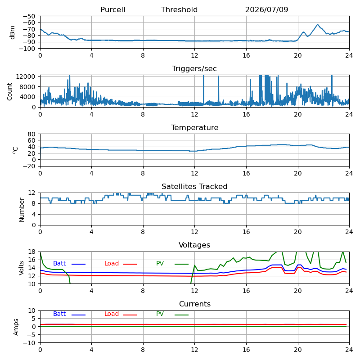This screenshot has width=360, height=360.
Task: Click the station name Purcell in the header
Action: point(113,9)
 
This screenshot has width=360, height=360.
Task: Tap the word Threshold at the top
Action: point(179,9)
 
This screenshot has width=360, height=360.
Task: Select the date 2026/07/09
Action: point(266,9)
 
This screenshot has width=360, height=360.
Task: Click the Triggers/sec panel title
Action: point(194,69)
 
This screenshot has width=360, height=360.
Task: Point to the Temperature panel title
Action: point(195,127)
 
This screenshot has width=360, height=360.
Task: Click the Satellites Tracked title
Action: point(194,186)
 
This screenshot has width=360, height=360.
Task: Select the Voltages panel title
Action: point(194,245)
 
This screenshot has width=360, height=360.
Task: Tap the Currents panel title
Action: point(195,304)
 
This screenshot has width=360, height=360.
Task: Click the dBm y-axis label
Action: point(13,32)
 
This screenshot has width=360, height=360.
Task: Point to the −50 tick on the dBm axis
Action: point(29,16)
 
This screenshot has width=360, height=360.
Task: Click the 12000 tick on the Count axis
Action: point(25,76)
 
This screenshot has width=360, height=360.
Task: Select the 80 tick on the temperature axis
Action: point(31,134)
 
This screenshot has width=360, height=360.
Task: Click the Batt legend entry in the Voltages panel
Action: point(59,263)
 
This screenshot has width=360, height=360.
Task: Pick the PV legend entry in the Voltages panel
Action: point(160,263)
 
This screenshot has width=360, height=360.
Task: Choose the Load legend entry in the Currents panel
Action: point(112,314)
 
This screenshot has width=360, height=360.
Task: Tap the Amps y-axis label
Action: point(16,327)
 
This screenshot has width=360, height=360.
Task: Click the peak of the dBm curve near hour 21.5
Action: point(318,25)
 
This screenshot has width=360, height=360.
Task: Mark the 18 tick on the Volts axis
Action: point(32,252)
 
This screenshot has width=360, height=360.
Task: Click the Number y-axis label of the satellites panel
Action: point(22,210)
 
